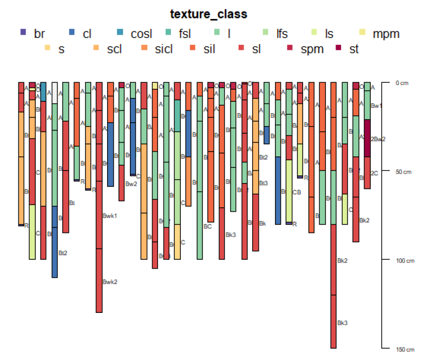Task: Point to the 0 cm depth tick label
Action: click(402, 83)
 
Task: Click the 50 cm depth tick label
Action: click(403, 172)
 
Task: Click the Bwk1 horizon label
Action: click(110, 216)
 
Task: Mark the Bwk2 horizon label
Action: click(110, 282)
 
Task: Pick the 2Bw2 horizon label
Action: click(378, 139)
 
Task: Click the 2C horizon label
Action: click(374, 173)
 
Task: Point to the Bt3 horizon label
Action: click(264, 183)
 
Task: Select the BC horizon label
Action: click(207, 226)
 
